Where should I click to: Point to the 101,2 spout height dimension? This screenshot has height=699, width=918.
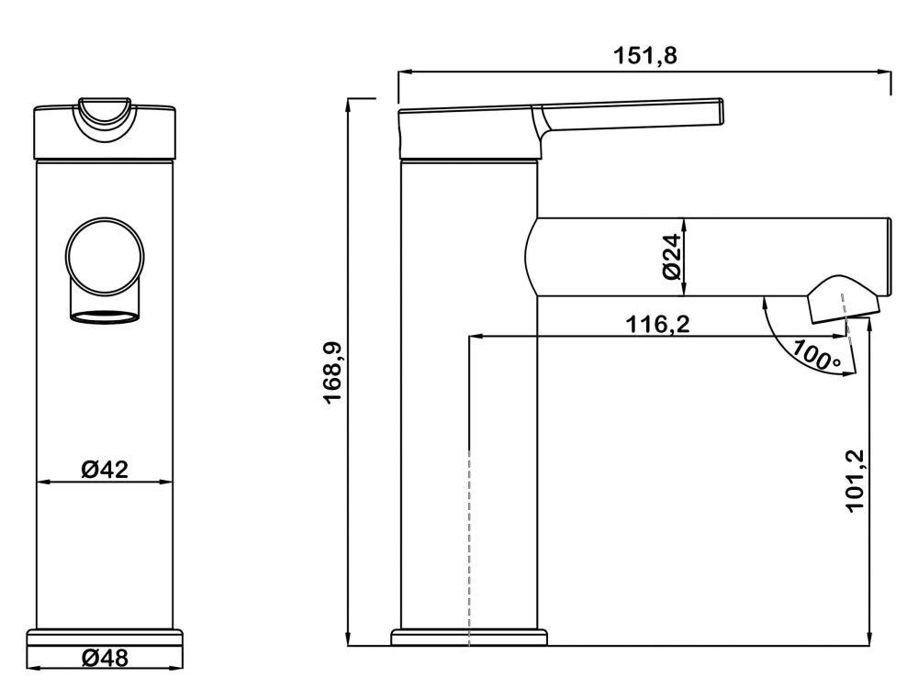pos(856,482)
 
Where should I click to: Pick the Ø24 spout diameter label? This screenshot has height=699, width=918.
pos(670,258)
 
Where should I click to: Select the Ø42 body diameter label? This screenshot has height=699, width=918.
pos(104,470)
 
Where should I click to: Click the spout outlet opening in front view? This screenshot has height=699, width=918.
pos(105,318)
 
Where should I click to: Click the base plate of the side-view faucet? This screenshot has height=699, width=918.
pos(469,637)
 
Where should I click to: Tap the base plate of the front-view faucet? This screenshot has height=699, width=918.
pos(105,636)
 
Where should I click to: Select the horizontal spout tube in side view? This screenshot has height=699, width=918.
pos(707,257)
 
